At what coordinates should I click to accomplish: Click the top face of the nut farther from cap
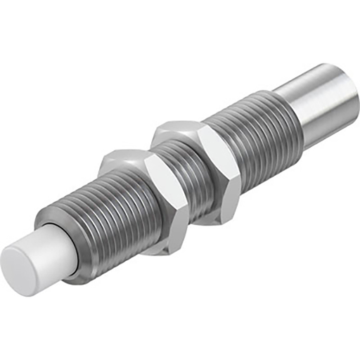point(179,129)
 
